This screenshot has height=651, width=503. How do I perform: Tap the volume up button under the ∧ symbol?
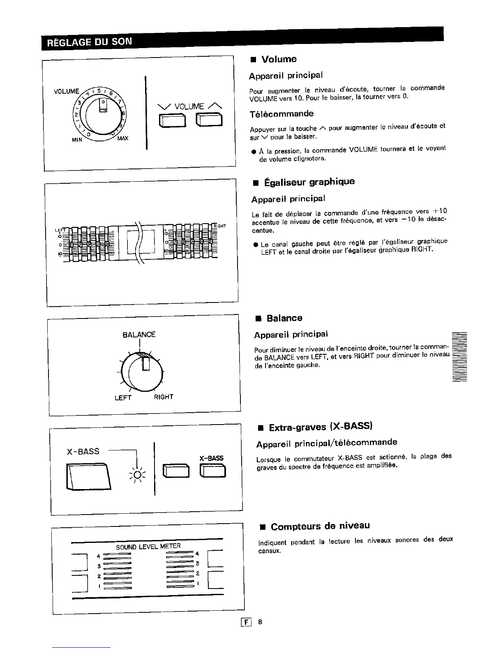pyautogui.click(x=209, y=120)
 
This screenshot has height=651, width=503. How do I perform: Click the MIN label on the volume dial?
pyautogui.click(x=77, y=139)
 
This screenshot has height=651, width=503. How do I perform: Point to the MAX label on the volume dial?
pyautogui.click(x=122, y=139)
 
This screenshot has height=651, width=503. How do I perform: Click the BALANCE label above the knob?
pyautogui.click(x=139, y=335)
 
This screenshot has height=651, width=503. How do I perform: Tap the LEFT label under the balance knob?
pyautogui.click(x=123, y=397)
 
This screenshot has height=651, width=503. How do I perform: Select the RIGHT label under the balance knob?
pyautogui.click(x=164, y=397)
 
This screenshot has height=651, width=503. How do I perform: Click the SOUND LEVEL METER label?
pyautogui.click(x=148, y=547)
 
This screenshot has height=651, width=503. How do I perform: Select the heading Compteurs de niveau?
pyautogui.click(x=320, y=526)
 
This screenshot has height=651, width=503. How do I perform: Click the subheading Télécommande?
pyautogui.click(x=281, y=113)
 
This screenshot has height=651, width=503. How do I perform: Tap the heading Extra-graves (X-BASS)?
pyautogui.click(x=320, y=427)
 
